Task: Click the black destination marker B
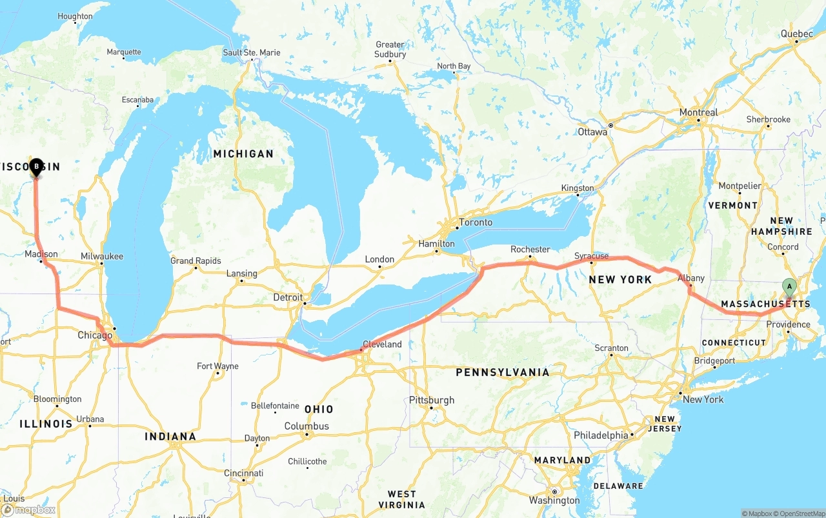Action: point(36,167)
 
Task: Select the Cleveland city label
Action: point(382,344)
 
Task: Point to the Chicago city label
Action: point(95,335)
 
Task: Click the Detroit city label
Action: point(288,297)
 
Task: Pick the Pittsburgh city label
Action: point(432,400)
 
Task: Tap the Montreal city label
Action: point(698,112)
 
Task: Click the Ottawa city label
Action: point(592,132)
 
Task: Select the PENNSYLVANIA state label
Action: point(503,372)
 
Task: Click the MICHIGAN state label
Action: point(243,154)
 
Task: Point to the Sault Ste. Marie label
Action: point(252,52)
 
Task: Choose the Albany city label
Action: point(691,278)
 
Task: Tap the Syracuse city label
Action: point(591,256)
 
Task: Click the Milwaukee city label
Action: point(102,256)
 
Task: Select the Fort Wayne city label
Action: point(217,366)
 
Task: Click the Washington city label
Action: point(554,500)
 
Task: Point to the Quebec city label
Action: point(796,34)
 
